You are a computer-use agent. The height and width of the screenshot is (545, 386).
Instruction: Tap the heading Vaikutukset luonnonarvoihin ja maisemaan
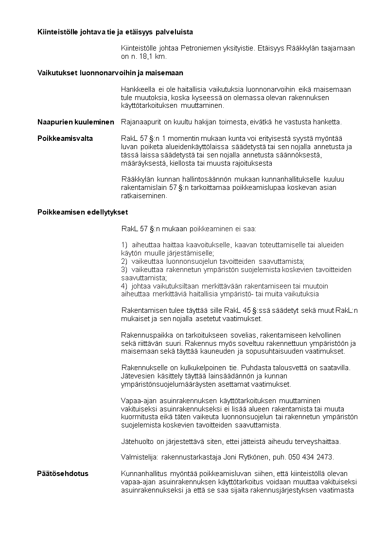coord(110,73)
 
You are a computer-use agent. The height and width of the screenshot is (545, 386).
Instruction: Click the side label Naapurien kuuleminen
coord(76,121)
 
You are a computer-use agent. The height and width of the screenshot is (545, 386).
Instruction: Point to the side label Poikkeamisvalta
coord(65,138)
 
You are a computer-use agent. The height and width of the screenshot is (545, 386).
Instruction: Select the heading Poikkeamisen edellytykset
coord(83,212)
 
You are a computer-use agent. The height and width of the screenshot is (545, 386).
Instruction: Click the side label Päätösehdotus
coord(63,474)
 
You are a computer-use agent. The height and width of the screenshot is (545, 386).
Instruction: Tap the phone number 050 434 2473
coord(310,457)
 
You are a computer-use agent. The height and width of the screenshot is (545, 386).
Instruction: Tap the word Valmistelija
coord(138,457)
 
